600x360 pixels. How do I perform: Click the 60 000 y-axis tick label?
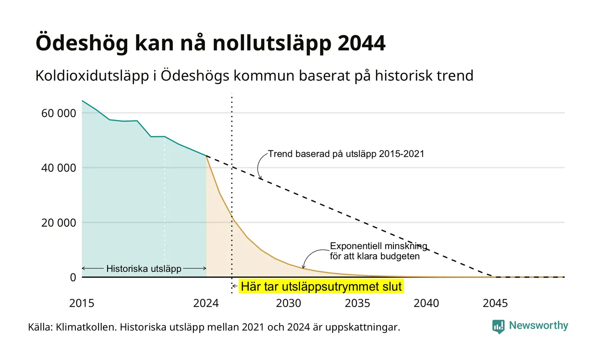click(59, 113)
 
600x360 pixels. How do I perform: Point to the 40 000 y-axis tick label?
click(59, 168)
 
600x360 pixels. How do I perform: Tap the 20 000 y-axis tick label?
click(59, 223)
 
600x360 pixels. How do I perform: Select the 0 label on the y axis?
click(73, 278)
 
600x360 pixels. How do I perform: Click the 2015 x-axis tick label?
click(82, 303)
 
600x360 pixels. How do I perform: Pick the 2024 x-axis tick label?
click(206, 303)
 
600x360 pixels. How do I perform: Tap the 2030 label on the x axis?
click(289, 303)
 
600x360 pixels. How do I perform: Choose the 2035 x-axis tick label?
click(357, 303)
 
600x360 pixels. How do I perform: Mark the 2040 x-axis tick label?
click(426, 303)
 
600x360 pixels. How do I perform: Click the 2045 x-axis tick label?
click(495, 303)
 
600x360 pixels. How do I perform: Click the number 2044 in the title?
click(361, 43)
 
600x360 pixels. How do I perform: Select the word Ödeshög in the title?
click(82, 43)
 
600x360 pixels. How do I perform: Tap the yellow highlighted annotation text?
click(321, 286)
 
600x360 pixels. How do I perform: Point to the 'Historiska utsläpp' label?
click(144, 269)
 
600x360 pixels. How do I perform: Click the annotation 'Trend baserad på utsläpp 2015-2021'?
click(346, 154)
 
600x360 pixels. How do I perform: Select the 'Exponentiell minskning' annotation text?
click(378, 246)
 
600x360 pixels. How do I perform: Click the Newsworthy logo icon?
click(498, 327)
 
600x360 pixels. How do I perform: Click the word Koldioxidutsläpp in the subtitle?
click(92, 76)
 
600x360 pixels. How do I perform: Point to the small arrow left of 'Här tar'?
click(235, 286)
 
